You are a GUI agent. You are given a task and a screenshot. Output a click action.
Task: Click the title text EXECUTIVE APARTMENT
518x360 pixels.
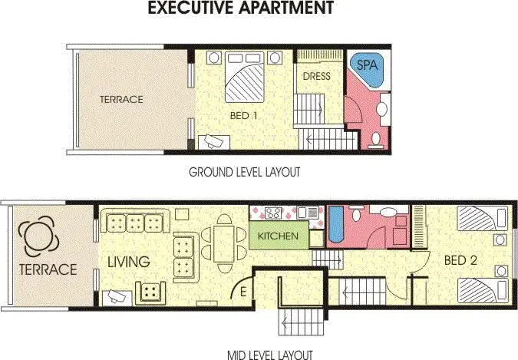240,9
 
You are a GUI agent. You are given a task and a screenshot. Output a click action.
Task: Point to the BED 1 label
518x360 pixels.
243,116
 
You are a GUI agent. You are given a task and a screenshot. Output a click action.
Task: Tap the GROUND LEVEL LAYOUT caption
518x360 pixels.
243,173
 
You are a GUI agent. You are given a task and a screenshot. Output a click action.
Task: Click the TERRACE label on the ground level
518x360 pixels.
121,100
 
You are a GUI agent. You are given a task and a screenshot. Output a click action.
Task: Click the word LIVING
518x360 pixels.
128,262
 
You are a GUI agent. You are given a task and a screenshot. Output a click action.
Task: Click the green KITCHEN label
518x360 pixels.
277,236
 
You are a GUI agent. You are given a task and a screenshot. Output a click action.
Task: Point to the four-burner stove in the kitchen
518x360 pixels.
272,212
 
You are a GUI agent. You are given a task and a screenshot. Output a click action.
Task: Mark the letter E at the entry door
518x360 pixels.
243,291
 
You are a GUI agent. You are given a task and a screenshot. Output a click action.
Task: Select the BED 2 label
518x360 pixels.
460,261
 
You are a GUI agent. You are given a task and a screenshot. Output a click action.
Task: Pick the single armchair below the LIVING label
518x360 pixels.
151,291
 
